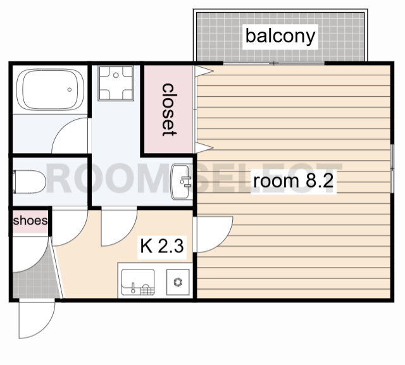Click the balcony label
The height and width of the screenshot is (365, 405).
click(280, 37)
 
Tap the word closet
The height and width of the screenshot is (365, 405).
click(169, 109)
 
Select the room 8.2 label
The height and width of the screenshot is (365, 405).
click(293, 181)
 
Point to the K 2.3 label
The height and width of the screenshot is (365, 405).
click(162, 246)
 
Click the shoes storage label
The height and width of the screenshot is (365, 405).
click(30, 220)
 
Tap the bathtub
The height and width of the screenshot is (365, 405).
click(50, 90)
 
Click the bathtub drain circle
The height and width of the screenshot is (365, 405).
click(70, 90)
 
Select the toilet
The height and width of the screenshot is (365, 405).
click(29, 182)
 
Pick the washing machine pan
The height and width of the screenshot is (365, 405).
click(116, 83)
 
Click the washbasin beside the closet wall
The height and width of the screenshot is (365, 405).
click(182, 182)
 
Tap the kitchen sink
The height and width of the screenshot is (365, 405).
click(138, 282)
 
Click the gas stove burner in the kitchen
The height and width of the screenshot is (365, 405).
click(178, 282)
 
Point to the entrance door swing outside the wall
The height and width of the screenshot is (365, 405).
click(37, 319)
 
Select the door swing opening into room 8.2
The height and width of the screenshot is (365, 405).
click(213, 235)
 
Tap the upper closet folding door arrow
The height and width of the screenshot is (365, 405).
click(204, 71)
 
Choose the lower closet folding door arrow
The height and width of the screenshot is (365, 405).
click(204, 147)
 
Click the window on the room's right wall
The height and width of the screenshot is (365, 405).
click(392, 168)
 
